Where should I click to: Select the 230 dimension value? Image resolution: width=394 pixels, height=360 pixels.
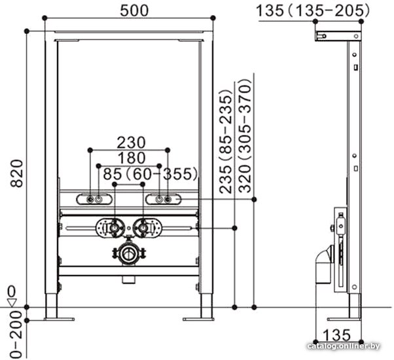coord(132,142)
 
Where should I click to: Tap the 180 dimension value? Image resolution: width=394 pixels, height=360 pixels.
coord(132,158)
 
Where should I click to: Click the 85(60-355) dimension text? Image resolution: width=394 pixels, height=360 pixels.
coord(150,174)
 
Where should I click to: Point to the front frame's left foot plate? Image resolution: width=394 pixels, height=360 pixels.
coord(59,319)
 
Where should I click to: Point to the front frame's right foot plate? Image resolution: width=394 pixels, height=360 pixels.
coord(199,319)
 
